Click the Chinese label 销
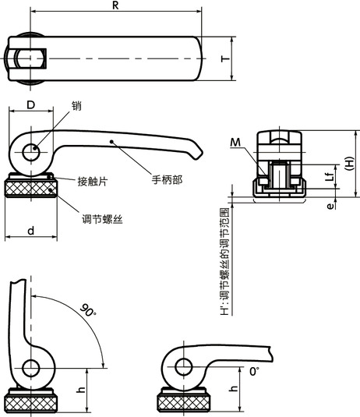[x=76, y=105]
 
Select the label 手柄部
[x=167, y=178]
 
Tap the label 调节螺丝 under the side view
[x=102, y=221]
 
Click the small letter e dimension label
[x=329, y=207]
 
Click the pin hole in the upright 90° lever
[x=32, y=369]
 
